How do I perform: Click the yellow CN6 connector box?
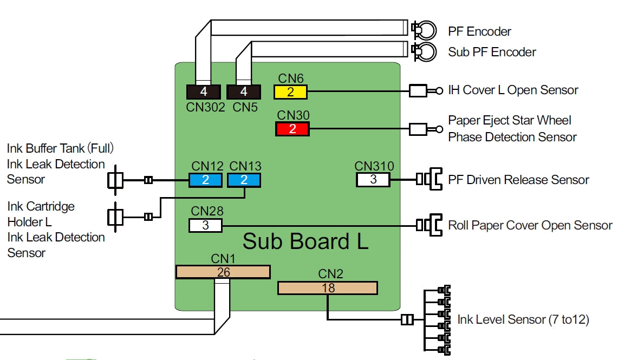click(290, 92)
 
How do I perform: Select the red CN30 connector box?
click(292, 129)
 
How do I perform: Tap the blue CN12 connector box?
click(205, 180)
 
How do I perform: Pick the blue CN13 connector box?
click(244, 180)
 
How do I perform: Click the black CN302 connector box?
click(204, 92)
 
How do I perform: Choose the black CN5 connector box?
click(244, 92)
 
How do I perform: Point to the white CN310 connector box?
click(373, 180)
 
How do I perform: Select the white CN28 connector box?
click(205, 225)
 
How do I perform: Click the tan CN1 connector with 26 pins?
click(223, 272)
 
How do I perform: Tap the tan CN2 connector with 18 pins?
click(327, 288)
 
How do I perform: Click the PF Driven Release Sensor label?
click(518, 180)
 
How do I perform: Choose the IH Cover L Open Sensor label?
click(513, 90)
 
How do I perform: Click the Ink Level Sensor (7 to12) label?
click(523, 319)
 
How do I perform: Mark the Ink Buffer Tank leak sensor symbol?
click(115, 180)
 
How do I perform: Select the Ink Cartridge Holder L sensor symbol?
click(115, 217)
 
